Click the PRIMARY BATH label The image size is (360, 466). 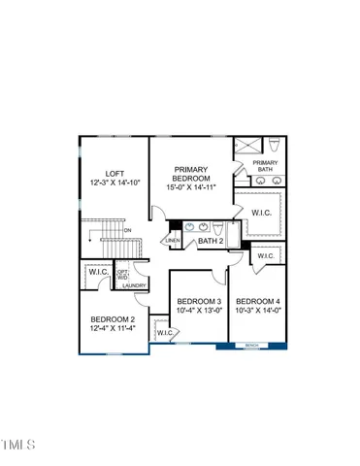click(x=265, y=167)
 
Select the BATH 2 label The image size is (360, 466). click(x=211, y=240)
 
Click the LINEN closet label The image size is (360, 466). click(x=173, y=240)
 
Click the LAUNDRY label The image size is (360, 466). click(x=135, y=285)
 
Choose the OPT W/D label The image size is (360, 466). click(x=122, y=274)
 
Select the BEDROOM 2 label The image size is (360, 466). click(x=113, y=318)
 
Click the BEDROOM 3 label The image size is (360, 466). click(x=197, y=302)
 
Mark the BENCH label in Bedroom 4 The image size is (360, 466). click(x=251, y=345)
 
